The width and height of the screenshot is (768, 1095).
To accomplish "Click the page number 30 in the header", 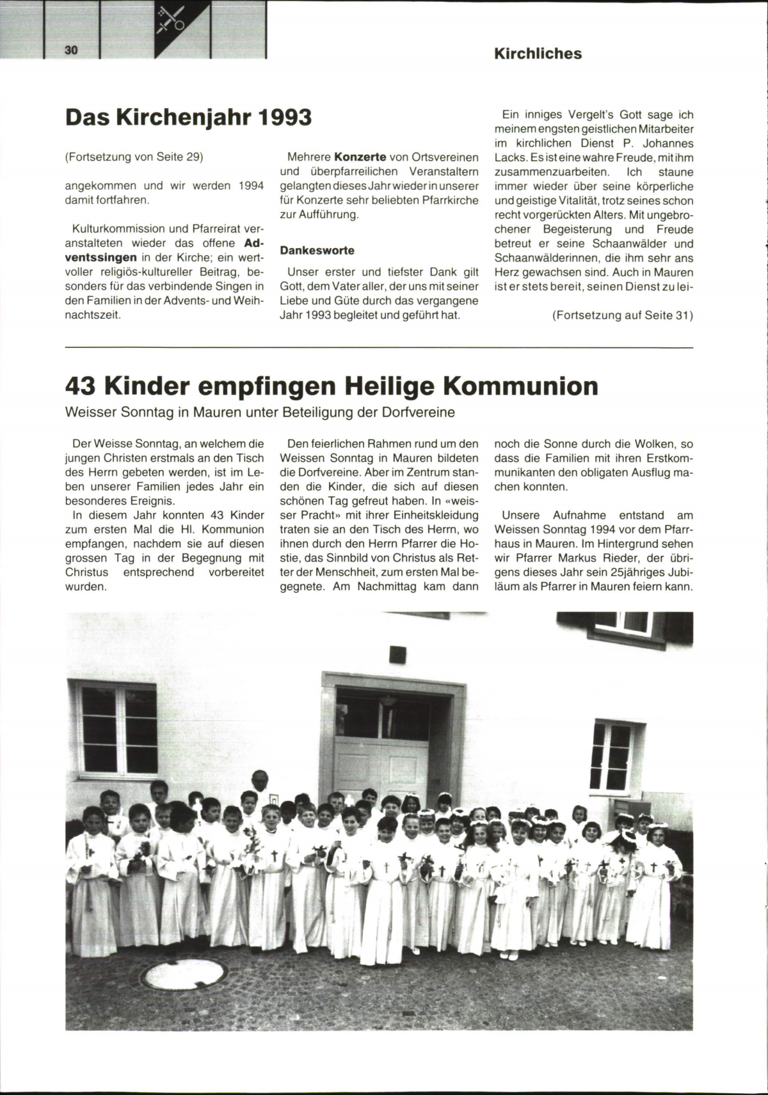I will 70,51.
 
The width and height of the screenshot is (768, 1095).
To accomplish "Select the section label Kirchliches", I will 538,54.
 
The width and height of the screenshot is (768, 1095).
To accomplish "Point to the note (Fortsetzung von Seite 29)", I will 134,157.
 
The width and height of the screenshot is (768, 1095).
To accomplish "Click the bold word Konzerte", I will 360,157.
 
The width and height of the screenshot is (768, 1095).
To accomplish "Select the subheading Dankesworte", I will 317,250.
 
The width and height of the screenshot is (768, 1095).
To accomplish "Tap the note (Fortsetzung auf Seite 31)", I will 622,315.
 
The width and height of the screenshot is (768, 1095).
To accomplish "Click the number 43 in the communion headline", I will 81,386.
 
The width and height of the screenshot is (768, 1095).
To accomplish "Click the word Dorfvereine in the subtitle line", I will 418,413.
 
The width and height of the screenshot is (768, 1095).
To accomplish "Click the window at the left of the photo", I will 116,729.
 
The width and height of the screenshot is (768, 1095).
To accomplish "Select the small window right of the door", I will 611,755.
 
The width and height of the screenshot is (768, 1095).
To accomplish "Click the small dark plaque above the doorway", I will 397,654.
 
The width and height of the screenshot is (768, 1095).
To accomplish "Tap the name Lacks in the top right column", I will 510,157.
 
